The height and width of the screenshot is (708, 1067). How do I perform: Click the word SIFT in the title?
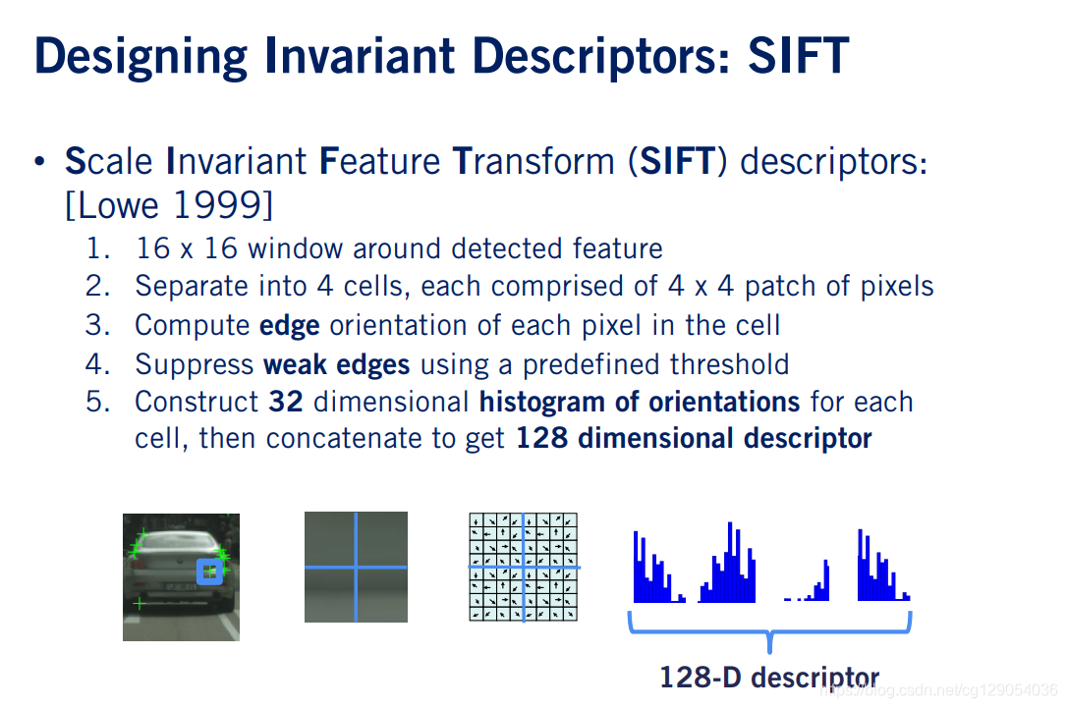point(798,56)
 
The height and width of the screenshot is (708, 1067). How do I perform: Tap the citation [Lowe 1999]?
point(169,204)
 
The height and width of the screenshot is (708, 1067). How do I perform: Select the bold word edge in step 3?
point(290,326)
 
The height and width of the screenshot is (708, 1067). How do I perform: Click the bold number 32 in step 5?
point(286,402)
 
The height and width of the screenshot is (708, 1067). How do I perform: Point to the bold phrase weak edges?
point(337,364)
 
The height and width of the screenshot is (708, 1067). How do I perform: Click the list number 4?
point(98,364)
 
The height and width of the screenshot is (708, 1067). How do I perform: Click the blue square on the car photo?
point(210,572)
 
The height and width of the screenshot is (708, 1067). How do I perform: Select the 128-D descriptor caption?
point(769,678)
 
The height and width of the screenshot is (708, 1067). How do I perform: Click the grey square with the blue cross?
point(356,568)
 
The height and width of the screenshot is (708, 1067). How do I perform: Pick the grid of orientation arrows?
point(524,568)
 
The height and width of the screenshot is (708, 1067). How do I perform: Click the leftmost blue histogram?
point(658,569)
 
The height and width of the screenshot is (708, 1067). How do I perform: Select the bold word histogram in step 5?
point(541,403)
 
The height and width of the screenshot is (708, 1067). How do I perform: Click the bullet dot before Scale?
point(40,162)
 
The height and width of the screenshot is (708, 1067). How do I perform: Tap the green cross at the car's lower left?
point(139,603)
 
